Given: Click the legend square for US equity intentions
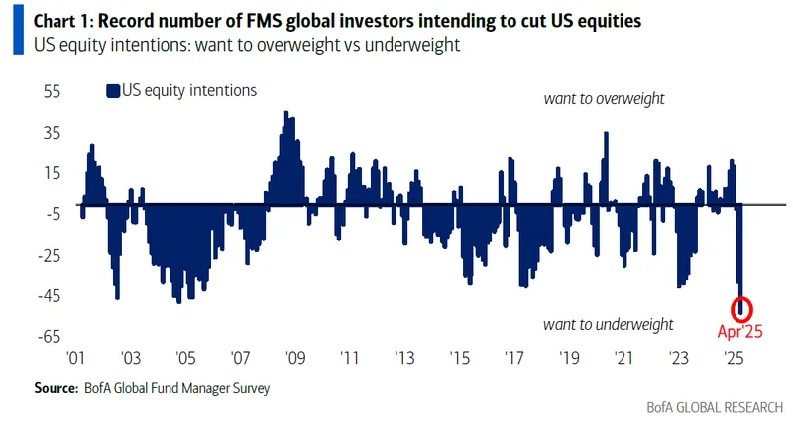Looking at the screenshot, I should (111, 91).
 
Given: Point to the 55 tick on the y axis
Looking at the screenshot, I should (51, 91).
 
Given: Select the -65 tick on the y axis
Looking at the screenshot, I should (47, 337).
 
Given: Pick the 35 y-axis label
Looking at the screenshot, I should (51, 133).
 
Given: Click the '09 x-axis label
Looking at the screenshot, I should (292, 359).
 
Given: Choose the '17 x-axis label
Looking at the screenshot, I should (512, 359).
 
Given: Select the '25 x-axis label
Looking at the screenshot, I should (734, 359).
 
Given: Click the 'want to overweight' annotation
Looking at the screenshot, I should (604, 99).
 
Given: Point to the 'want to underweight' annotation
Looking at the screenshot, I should (609, 325).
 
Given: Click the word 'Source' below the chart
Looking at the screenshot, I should (56, 388).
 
